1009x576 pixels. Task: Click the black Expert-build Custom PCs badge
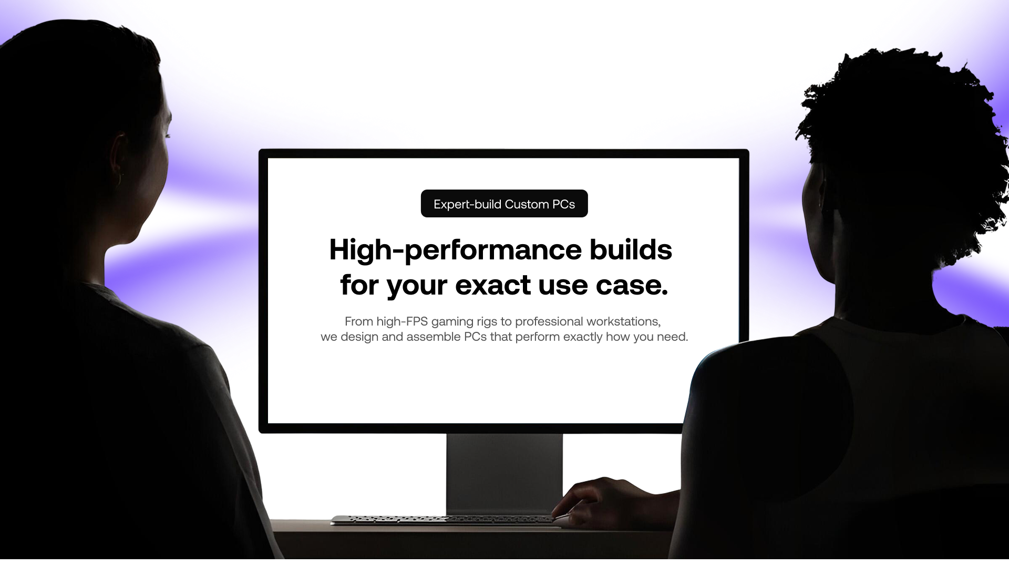504,204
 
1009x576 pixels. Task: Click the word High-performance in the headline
455,250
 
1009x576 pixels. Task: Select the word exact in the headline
492,286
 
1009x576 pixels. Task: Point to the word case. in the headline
632,286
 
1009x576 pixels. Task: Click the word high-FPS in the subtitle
402,321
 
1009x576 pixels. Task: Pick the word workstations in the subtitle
623,321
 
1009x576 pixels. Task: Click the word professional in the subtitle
549,322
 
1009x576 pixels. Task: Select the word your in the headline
417,287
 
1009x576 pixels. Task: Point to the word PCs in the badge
563,204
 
